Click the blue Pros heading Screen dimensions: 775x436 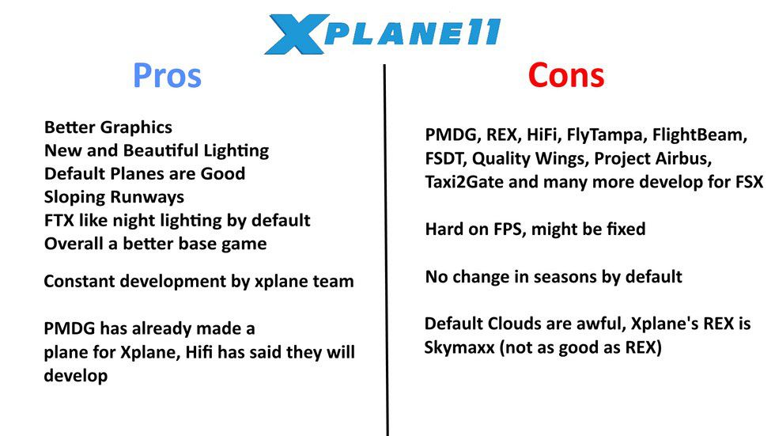167,76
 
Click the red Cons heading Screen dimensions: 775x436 566,76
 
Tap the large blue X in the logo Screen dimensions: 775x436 297,33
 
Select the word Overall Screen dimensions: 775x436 74,244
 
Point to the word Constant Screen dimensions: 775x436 79,281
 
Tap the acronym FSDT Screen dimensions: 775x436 444,159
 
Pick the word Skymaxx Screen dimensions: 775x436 459,347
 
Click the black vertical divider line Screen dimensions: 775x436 386,250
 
